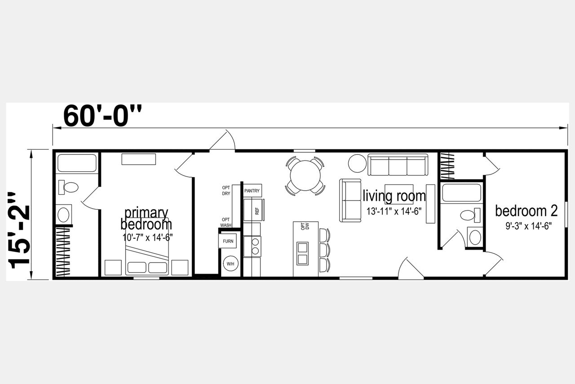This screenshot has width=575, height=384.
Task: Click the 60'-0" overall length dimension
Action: (102, 116)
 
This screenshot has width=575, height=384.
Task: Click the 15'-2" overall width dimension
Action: (19, 230)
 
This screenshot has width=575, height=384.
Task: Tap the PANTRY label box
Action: (252, 191)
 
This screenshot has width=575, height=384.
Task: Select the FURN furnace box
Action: (228, 241)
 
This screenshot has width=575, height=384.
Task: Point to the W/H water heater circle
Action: (230, 263)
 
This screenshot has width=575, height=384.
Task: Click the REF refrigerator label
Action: (257, 211)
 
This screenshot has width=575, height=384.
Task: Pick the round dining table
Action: (305, 175)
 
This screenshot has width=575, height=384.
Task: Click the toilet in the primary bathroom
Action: (68, 187)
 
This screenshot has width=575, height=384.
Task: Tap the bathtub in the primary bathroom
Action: (77, 163)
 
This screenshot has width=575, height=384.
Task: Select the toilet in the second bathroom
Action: (470, 215)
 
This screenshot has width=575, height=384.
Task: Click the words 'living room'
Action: (394, 196)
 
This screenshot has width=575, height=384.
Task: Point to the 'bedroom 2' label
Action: (526, 211)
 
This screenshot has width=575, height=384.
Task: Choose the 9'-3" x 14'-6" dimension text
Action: (529, 226)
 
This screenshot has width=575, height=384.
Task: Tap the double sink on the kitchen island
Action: (302, 254)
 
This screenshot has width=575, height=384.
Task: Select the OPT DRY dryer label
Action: (226, 191)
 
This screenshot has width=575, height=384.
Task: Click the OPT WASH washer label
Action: (226, 223)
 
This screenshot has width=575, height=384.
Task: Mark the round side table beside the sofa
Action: (357, 163)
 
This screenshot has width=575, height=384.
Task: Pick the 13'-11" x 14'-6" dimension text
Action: (394, 211)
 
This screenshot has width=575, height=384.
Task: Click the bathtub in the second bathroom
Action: (461, 192)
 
